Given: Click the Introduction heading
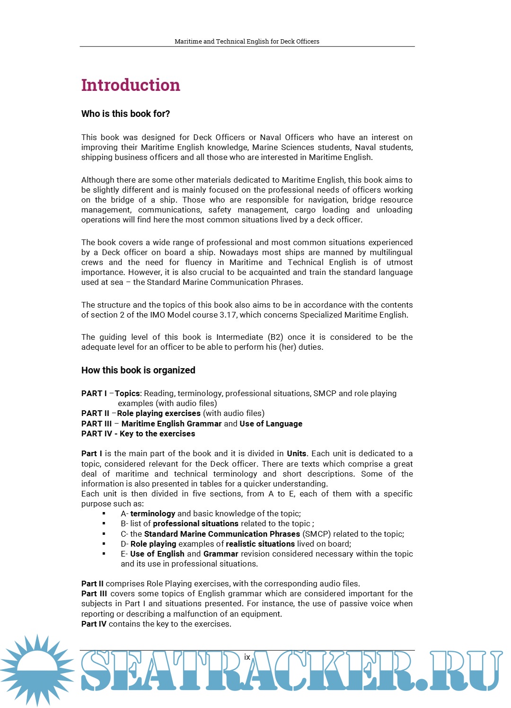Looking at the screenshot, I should (x=131, y=85).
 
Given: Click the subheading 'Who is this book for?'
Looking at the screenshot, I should (x=125, y=114).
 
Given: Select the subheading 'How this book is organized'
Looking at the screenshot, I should (x=138, y=370).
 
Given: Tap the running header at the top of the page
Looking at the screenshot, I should (x=247, y=41).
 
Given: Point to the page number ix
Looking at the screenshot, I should (x=247, y=657).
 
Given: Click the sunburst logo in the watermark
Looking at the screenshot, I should (x=37, y=670).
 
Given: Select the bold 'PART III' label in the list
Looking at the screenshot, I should (x=97, y=424).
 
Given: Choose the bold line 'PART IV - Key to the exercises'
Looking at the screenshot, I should (x=138, y=434).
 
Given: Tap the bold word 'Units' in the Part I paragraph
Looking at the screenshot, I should (x=297, y=453).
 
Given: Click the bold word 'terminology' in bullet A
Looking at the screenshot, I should (x=153, y=513).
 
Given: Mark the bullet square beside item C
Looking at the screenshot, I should (x=104, y=534).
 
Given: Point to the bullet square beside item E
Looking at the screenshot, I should (x=104, y=554).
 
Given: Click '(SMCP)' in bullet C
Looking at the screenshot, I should (x=317, y=534).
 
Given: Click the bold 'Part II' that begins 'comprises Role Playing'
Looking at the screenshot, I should (x=92, y=584).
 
